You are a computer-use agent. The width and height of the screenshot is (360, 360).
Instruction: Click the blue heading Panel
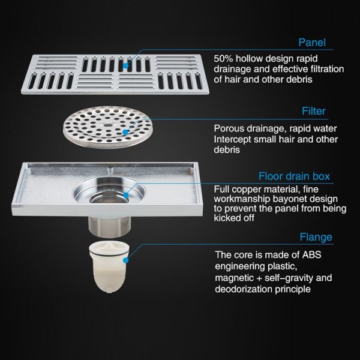tap(312, 43)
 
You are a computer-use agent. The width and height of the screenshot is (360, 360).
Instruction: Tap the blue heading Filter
tap(314, 111)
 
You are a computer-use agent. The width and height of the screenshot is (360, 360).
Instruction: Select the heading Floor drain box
tap(294, 176)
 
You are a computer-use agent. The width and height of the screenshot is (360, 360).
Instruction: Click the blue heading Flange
tap(316, 237)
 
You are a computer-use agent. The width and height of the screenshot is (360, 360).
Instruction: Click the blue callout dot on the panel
tap(125, 66)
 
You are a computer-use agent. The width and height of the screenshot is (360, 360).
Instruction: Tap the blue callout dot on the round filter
tap(125, 132)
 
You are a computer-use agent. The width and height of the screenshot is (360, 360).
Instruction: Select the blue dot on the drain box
tap(125, 196)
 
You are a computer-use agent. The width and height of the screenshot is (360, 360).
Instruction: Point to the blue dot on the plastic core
tap(125, 260)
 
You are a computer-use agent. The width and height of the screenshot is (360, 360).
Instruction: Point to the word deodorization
tap(244, 289)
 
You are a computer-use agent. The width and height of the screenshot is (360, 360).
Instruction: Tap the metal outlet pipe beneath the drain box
tap(110, 226)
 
